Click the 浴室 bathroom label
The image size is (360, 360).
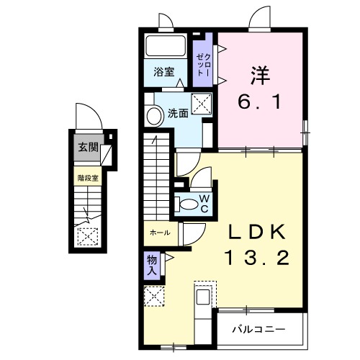coord(163,71)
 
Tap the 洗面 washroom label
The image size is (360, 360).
coord(178,113)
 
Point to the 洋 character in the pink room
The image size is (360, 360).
coord(261,76)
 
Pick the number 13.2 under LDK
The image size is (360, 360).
coord(257,258)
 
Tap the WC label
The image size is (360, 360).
coord(204,202)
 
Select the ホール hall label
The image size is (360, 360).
coord(159,233)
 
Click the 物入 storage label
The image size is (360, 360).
coord(152,265)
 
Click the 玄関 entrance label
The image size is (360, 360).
coord(88,149)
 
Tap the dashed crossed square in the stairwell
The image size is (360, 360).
coord(86,235)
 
